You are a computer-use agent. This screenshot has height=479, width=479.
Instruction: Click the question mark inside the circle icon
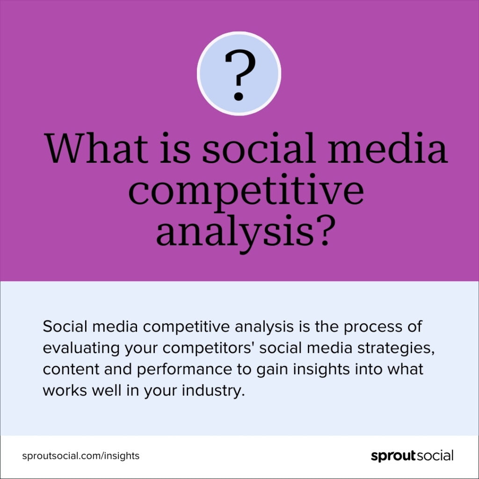[x=239, y=75]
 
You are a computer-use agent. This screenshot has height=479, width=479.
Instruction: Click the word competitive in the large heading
[x=246, y=192]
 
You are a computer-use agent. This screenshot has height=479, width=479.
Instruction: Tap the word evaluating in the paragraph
[x=81, y=348]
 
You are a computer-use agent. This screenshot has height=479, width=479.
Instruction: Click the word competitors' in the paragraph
[x=209, y=348]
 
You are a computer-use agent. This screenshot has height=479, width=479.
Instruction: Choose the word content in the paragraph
[x=71, y=370]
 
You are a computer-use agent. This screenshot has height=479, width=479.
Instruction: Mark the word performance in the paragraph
[x=184, y=370]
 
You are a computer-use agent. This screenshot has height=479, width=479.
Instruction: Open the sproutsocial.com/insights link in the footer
[x=81, y=456]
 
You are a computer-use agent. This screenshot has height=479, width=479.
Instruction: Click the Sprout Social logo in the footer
[x=412, y=456]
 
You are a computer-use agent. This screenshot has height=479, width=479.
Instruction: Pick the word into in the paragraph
[x=368, y=370]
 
